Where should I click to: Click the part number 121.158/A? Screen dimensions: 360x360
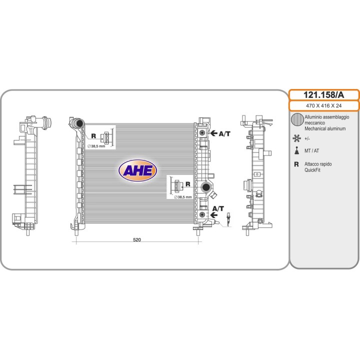tap(323, 95)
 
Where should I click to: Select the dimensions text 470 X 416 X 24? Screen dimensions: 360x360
tap(323, 105)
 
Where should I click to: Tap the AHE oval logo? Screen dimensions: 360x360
tap(138, 170)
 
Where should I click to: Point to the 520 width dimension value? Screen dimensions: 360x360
tap(137, 239)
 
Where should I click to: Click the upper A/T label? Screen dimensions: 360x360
tap(224, 133)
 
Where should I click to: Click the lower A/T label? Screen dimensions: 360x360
tap(218, 208)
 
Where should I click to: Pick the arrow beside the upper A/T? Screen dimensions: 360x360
tap(214, 133)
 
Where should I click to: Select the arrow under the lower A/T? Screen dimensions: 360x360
tap(214, 215)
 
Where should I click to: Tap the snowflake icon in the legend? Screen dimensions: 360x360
tap(296, 138)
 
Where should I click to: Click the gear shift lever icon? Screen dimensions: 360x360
tap(296, 150)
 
